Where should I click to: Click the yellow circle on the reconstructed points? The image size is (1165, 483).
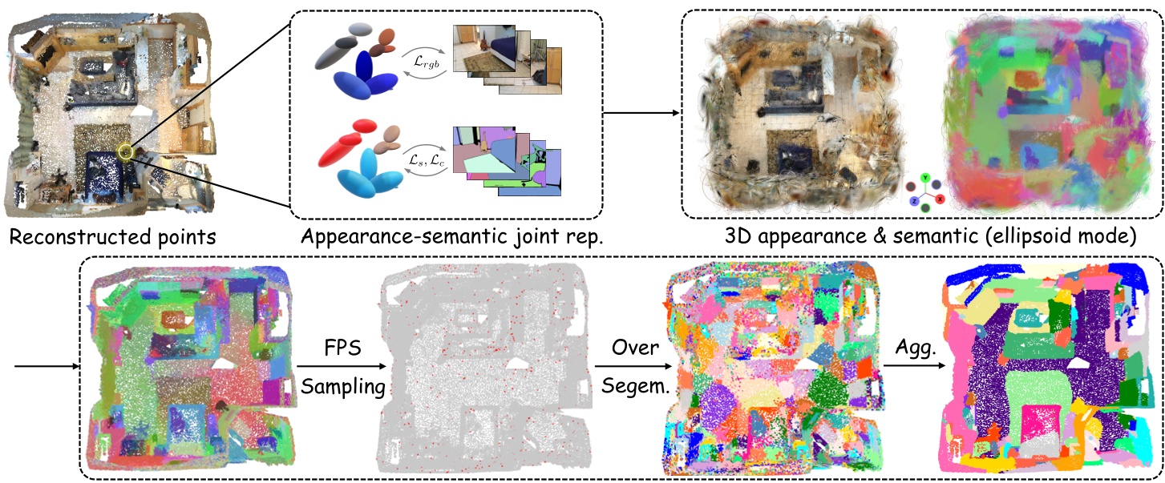(126, 150)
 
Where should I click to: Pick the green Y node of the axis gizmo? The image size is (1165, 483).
(925, 177)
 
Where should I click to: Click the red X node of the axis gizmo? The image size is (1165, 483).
(940, 197)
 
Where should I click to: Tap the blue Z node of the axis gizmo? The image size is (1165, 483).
(912, 197)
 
